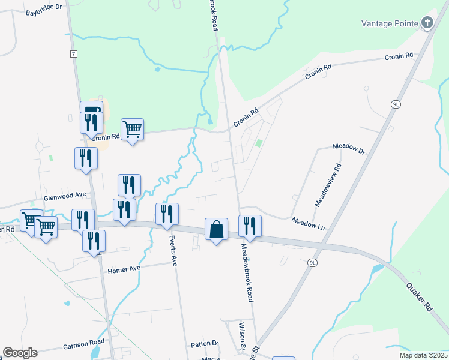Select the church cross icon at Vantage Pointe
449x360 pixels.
427,23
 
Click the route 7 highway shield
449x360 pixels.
73,54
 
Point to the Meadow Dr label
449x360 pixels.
349,148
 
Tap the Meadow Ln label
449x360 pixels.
308,223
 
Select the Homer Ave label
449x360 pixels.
124,271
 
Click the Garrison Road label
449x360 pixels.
83,344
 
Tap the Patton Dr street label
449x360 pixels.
205,344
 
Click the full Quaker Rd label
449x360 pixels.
420,296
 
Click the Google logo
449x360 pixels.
20,352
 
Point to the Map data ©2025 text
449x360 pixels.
423,355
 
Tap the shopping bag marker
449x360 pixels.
216,230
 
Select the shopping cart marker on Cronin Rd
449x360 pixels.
132,128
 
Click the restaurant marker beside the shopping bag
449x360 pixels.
250,226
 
